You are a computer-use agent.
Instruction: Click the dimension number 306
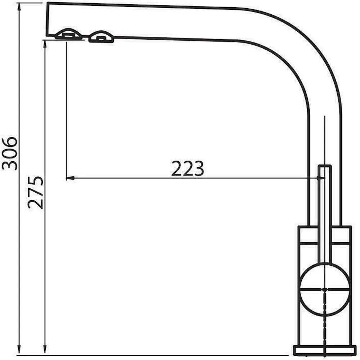click(10, 153)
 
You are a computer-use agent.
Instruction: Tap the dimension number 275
click(35, 193)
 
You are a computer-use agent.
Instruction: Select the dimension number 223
click(188, 168)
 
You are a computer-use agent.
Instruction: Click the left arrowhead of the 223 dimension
click(70, 178)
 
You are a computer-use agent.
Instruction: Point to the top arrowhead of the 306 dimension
click(19, 7)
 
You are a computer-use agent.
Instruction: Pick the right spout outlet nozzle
click(101, 37)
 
